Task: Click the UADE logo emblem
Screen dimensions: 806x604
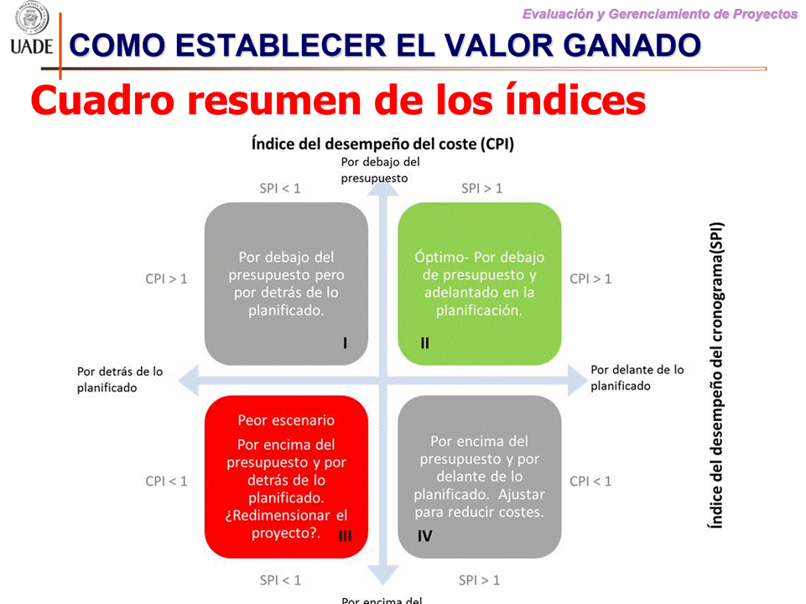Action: click(32, 18)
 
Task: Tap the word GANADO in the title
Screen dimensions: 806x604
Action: click(635, 45)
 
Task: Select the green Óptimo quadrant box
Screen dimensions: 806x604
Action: click(480, 284)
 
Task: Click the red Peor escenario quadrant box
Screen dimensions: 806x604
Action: click(286, 476)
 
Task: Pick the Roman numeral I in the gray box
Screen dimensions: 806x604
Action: click(345, 343)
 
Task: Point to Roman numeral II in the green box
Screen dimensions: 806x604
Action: click(424, 343)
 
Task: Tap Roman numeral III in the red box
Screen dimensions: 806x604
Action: click(345, 536)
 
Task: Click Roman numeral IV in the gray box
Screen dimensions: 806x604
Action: click(424, 536)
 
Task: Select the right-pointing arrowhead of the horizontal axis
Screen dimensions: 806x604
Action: click(578, 380)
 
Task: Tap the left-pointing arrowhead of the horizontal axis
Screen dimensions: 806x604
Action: click(189, 380)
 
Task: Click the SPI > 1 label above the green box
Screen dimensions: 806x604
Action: click(481, 189)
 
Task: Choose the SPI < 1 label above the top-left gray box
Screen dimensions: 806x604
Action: click(279, 189)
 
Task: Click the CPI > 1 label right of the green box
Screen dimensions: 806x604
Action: click(590, 279)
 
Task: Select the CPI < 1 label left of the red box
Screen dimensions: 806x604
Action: click(166, 482)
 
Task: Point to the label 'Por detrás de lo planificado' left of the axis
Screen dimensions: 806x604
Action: click(120, 379)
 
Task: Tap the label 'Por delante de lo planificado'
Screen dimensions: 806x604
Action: click(637, 377)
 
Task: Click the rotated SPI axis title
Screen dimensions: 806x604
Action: click(716, 375)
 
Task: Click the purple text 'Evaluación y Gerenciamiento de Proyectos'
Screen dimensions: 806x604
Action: click(660, 14)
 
